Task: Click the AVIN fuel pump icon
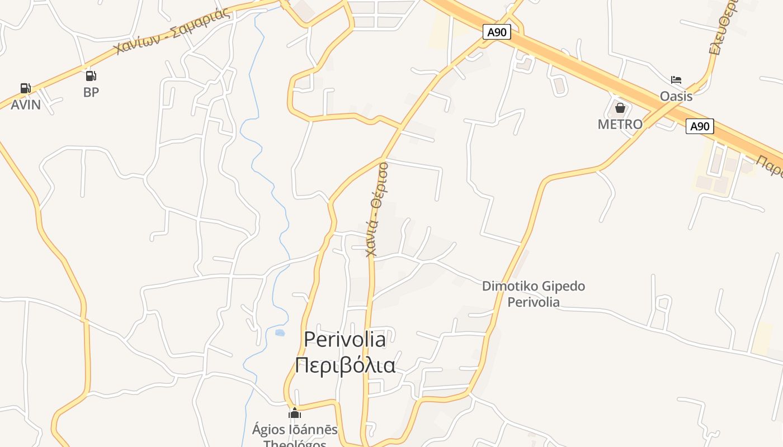click(x=25, y=88)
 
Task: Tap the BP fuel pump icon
click(x=91, y=76)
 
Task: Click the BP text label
click(x=91, y=92)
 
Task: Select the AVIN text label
click(x=26, y=104)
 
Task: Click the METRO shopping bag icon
click(x=620, y=108)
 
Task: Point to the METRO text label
click(x=620, y=124)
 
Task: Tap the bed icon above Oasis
click(x=676, y=80)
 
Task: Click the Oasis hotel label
click(x=676, y=96)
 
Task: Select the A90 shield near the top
click(x=497, y=32)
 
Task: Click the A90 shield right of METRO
click(x=700, y=126)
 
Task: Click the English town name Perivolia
click(x=345, y=339)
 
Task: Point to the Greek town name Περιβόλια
click(x=345, y=365)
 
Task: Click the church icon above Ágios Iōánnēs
click(x=295, y=413)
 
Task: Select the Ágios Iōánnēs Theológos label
click(x=295, y=436)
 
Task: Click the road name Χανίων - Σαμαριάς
click(x=172, y=32)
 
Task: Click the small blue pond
click(x=280, y=332)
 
